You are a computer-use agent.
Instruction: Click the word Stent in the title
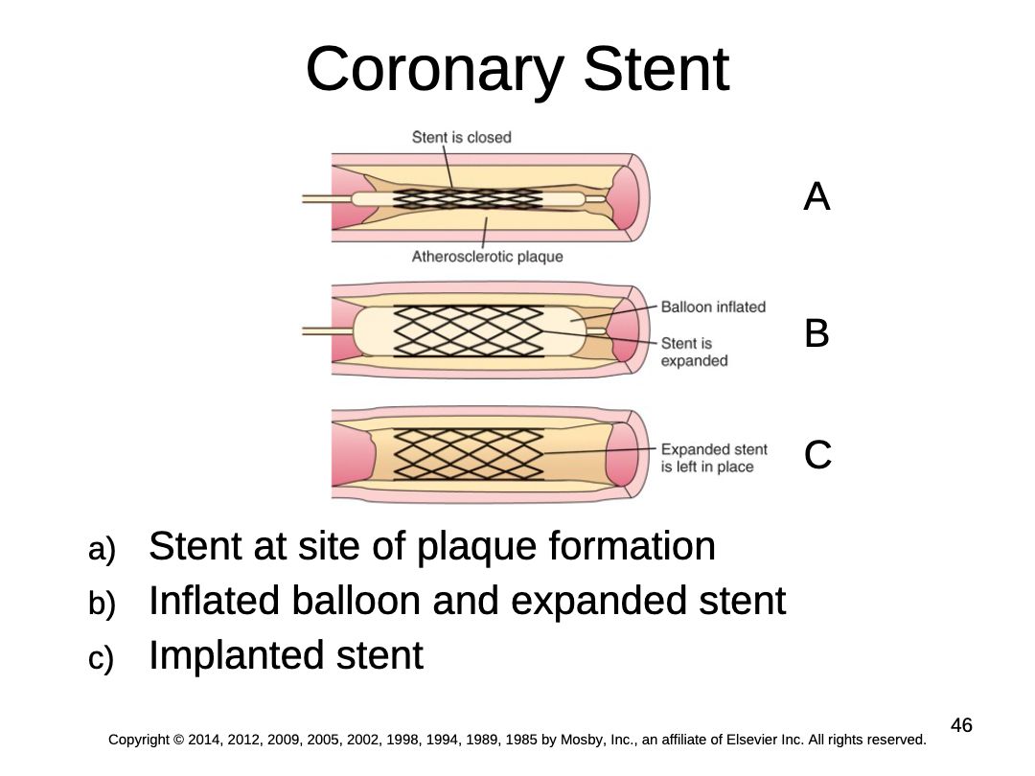coord(656,69)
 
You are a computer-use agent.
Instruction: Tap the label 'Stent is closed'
coord(461,137)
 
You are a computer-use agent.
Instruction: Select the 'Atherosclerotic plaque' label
coord(487,257)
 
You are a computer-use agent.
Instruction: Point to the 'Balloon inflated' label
coord(713,307)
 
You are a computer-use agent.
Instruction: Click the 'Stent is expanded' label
coord(694,352)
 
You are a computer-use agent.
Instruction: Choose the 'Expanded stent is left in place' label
coord(714,458)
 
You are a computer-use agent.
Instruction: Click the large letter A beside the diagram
coord(816,196)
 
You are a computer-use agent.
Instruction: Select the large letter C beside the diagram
coord(817,455)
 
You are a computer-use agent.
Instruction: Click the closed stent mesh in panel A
coord(468,198)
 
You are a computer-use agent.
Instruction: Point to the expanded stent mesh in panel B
coord(469,331)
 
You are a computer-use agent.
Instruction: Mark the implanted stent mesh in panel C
coord(469,454)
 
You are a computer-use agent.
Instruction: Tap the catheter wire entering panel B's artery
coord(328,331)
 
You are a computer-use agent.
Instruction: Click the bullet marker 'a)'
coord(102,549)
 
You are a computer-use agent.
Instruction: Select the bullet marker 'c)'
coord(101,658)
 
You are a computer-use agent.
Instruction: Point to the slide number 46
coord(961,725)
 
